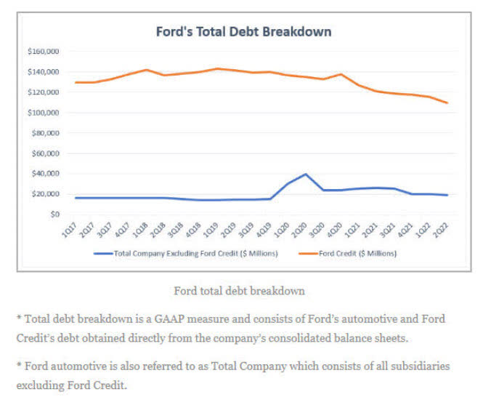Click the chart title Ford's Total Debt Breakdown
(x=243, y=32)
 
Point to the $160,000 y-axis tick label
(x=44, y=52)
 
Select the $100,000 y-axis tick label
(x=44, y=113)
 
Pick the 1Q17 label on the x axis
(x=68, y=230)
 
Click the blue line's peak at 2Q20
(x=306, y=175)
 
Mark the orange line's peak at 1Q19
(x=216, y=69)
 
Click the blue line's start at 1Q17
(x=75, y=198)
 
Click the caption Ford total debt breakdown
(x=239, y=291)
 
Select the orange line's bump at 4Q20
(x=341, y=74)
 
